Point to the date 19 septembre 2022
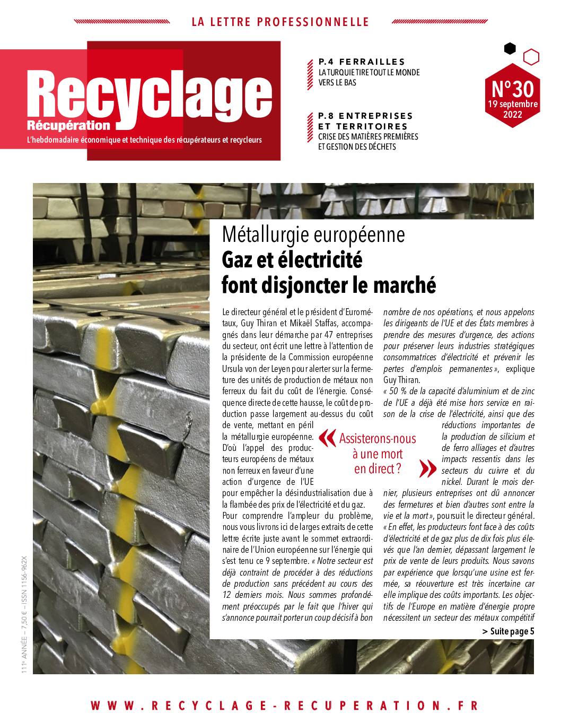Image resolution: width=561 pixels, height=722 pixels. pos(512,109)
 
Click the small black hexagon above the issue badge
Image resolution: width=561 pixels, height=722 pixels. pos(510,49)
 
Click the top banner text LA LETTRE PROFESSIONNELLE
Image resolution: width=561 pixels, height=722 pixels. pos(280,22)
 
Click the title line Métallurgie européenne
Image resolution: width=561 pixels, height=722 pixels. pos(313,234)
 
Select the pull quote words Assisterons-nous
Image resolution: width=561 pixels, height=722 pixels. pos(378,439)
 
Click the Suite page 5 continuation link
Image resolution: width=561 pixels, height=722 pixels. pos(509,631)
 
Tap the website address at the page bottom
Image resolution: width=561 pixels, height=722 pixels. pos(284,706)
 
